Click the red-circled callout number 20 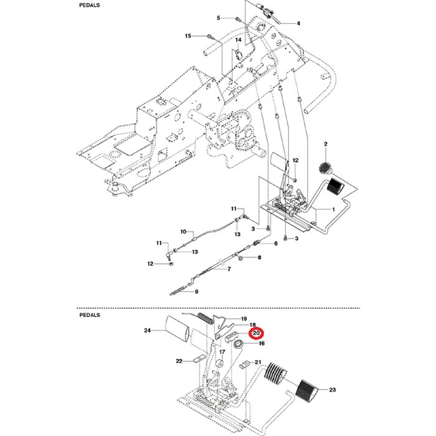tap(256, 334)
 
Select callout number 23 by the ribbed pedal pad tap(332, 391)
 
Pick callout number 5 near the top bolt tap(219, 18)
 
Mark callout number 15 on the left tap(188, 37)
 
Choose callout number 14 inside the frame tap(237, 40)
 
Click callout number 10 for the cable tap(184, 232)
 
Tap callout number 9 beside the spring tap(196, 291)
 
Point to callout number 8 tap(259, 257)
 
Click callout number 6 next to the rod tap(275, 243)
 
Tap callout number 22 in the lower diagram tap(179, 361)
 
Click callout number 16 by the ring tap(262, 343)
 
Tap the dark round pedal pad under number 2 tap(325, 167)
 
